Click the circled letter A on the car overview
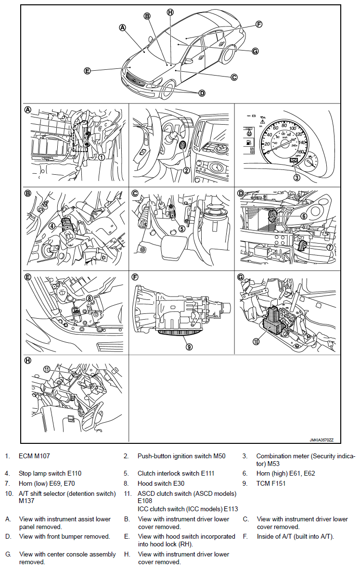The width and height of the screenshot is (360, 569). pos(123,28)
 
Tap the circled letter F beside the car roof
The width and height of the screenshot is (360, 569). pos(258,24)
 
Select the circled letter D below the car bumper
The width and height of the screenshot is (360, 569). pos(202,93)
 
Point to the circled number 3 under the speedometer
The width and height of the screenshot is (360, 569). pos(297,177)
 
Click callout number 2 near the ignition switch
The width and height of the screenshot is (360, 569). pos(186,170)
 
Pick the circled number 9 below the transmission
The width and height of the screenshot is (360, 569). pos(189,346)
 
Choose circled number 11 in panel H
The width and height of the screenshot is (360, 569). pos(47,369)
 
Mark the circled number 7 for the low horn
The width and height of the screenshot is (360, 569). pos(330,247)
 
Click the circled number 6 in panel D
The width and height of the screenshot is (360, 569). pos(304,217)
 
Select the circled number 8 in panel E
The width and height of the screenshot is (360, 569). pos(89,298)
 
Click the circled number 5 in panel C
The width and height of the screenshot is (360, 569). pos(182,229)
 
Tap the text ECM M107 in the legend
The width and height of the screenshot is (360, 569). pos(34,456)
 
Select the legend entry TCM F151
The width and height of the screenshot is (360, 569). pos(271,483)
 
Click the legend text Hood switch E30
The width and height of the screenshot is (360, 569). pos(161,483)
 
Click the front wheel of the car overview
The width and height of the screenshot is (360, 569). pos(168,91)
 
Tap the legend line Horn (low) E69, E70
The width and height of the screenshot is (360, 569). pos(47,483)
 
